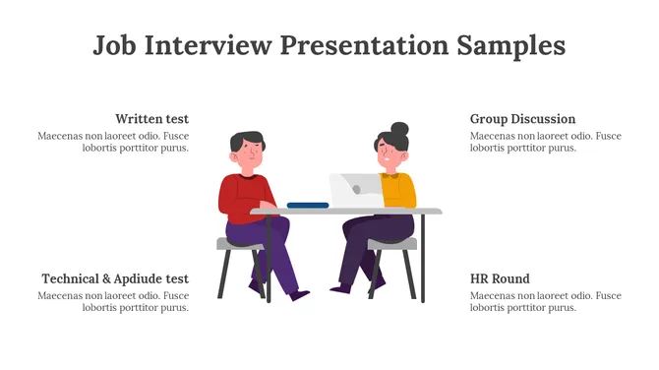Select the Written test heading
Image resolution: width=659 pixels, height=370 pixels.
point(151,119)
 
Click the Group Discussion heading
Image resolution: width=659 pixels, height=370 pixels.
point(522,119)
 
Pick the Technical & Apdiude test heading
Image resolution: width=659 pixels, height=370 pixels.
point(115,278)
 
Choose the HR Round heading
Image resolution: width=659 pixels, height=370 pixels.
point(500,278)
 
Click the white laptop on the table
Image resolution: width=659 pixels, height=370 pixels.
point(355,190)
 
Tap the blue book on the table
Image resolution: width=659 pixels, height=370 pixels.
point(308,205)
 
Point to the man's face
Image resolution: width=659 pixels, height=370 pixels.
point(251,155)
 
